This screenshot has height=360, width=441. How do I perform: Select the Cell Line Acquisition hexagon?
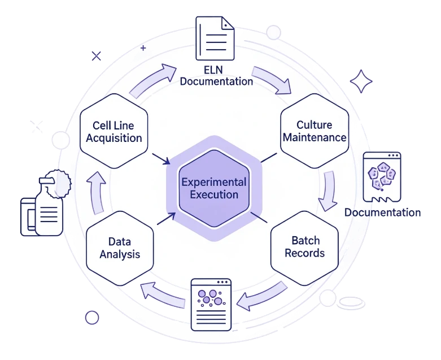(114, 131)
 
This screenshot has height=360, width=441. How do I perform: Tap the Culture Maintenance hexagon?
(315, 131)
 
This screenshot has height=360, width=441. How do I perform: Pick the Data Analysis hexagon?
(120, 248)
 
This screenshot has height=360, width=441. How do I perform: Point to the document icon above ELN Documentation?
(215, 38)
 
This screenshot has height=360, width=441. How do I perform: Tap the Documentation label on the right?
(382, 212)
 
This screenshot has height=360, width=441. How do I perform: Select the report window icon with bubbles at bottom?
(211, 300)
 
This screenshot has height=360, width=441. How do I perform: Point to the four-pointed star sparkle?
(361, 82)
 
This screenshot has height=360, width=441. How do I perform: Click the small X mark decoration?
(97, 56)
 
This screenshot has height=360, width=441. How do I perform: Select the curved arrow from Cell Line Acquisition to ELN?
(154, 79)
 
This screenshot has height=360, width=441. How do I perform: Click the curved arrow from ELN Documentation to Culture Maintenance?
(272, 80)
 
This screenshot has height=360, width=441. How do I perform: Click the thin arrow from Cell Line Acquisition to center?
(160, 158)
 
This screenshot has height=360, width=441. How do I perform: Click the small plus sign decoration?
(143, 49)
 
